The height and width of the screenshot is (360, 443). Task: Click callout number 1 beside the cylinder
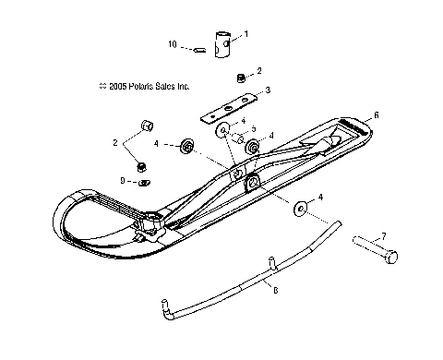(245, 34)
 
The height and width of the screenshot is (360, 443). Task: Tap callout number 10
(171, 43)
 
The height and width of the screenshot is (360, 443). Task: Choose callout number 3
(268, 90)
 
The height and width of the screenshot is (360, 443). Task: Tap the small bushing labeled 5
(237, 141)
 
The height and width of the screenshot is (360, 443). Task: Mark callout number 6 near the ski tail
(376, 117)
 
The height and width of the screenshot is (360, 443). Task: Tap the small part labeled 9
(145, 183)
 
